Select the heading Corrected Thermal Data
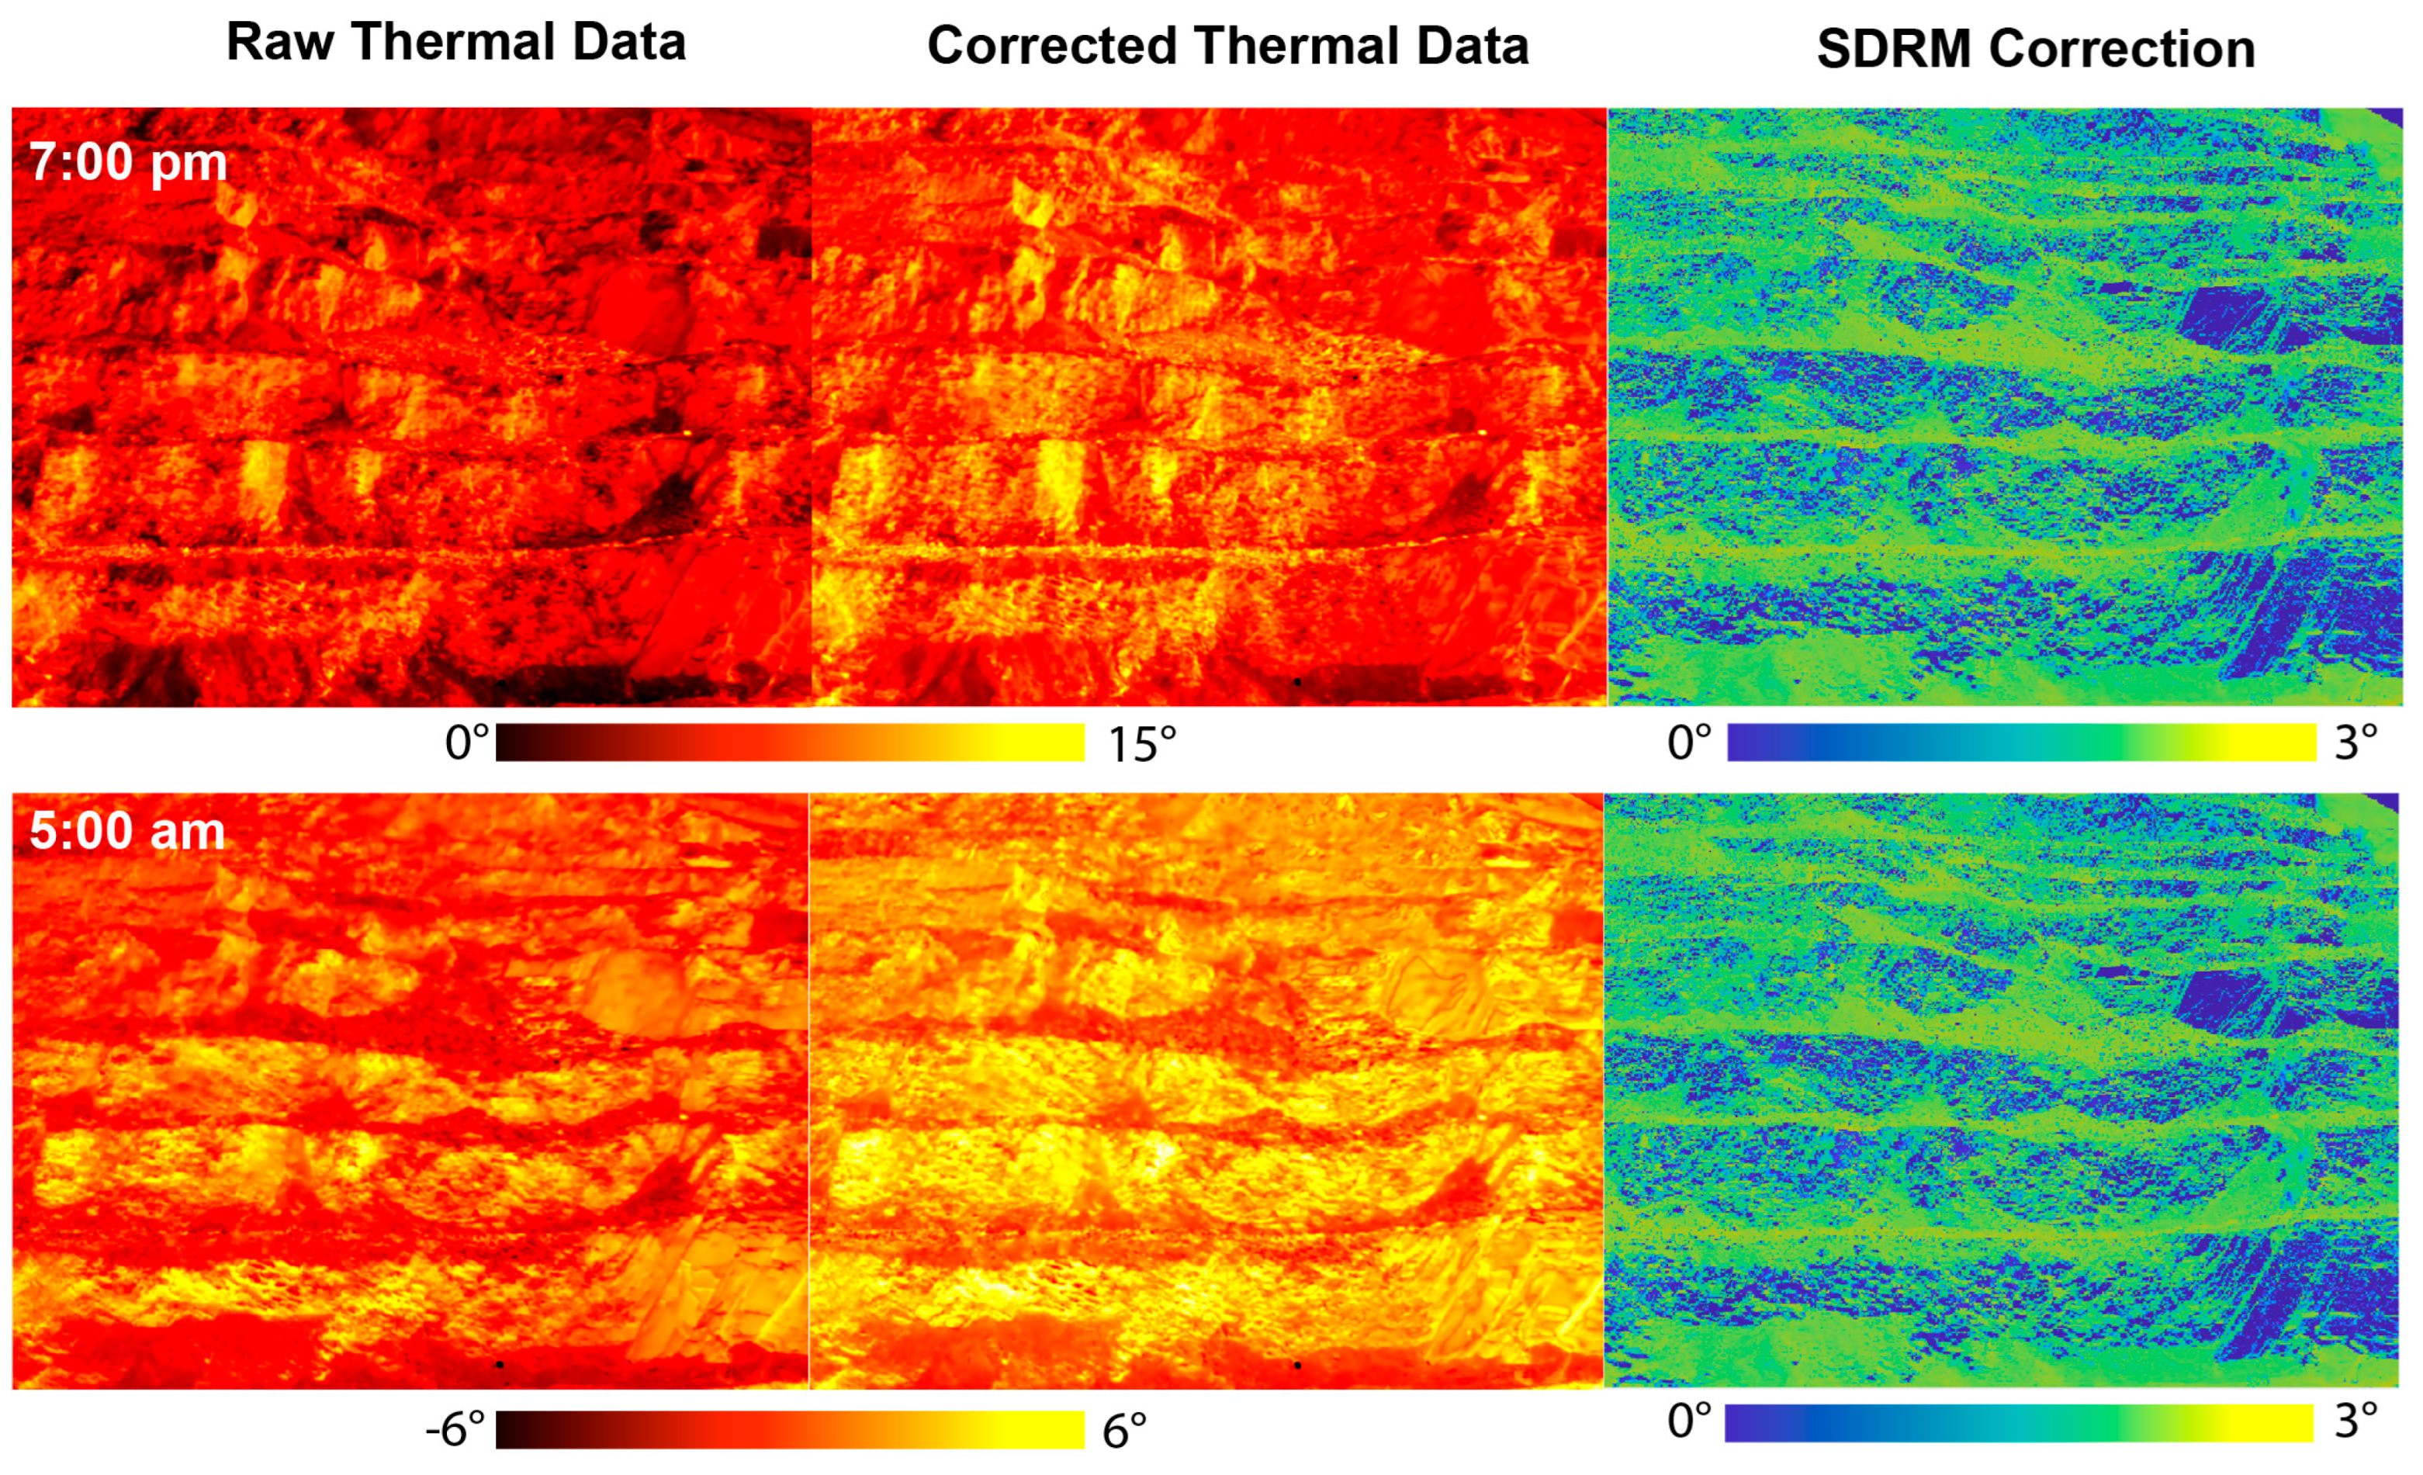pyautogui.click(x=1227, y=47)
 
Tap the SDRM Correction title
pyautogui.click(x=2036, y=48)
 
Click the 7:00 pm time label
pyautogui.click(x=128, y=161)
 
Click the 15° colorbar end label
pyautogui.click(x=1141, y=744)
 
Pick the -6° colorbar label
pyautogui.click(x=455, y=1428)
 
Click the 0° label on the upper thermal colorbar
pyautogui.click(x=466, y=743)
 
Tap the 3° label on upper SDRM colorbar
pyautogui.click(x=2356, y=742)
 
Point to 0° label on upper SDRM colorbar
pyautogui.click(x=1688, y=743)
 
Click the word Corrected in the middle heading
pyautogui.click(x=1051, y=47)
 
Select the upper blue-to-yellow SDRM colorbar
pyautogui.click(x=2021, y=743)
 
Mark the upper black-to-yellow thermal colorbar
pyautogui.click(x=790, y=743)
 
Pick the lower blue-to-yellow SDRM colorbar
pyautogui.click(x=2019, y=1423)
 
